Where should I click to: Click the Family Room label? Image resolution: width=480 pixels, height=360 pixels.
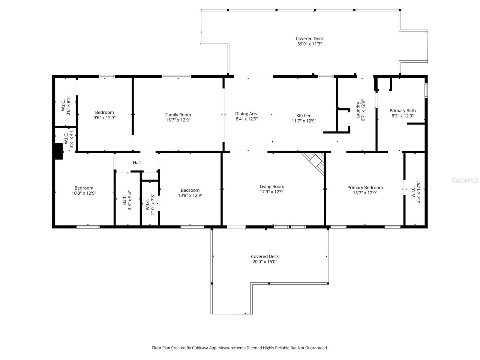(x=178, y=115)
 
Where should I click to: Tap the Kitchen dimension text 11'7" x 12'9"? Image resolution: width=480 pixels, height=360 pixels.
(x=304, y=121)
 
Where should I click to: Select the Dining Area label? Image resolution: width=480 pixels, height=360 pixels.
(x=247, y=114)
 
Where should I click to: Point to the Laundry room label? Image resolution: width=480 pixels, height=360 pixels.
(x=358, y=110)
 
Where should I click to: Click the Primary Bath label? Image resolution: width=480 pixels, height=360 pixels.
(x=402, y=110)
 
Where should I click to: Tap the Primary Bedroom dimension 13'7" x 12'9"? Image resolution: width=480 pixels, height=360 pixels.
(x=365, y=193)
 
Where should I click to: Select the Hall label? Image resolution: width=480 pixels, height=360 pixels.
(x=137, y=163)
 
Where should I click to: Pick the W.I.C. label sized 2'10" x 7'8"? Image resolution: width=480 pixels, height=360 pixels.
(x=148, y=205)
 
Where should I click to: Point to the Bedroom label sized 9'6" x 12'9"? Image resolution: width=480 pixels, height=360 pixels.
(x=104, y=112)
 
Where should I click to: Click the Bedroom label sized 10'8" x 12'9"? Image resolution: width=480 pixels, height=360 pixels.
(x=190, y=190)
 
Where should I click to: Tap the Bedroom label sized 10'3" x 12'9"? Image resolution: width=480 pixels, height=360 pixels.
(x=84, y=188)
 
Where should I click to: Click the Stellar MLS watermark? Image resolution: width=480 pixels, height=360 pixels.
(x=465, y=180)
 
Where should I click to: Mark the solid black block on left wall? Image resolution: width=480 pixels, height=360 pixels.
(x=58, y=151)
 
